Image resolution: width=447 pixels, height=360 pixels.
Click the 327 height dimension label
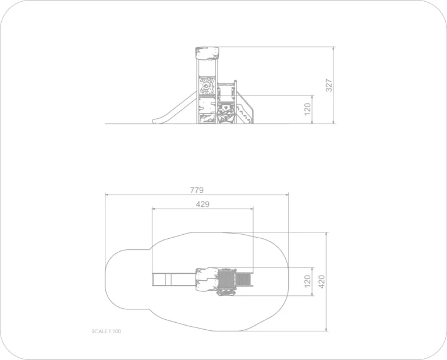(x=329, y=85)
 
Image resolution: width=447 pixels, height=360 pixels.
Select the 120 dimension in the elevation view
(x=307, y=110)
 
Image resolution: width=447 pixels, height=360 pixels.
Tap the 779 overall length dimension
(x=197, y=190)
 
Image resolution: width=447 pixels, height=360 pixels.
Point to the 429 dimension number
(x=203, y=204)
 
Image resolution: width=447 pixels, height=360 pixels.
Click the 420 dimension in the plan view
(x=321, y=281)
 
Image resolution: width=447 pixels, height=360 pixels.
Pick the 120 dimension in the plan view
(x=307, y=281)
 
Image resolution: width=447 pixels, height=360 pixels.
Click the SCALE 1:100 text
(x=107, y=331)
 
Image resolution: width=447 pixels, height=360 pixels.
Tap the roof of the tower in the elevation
(x=207, y=54)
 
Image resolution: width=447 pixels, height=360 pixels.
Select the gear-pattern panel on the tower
(x=207, y=86)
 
